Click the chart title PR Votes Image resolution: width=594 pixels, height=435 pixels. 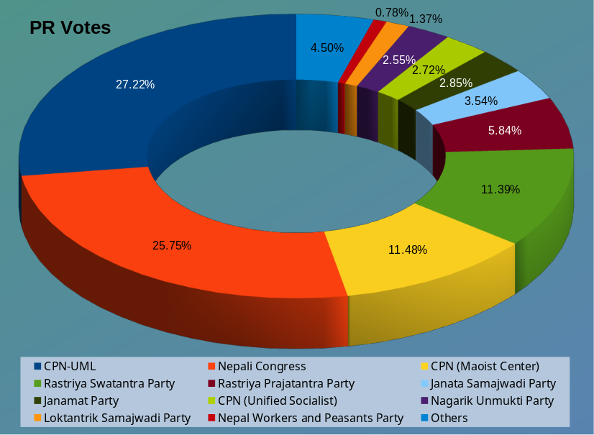pos(70,28)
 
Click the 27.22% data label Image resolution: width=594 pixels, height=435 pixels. pos(135,84)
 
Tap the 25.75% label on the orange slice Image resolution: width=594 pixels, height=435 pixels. pos(172,245)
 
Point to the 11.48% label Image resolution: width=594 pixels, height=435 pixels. pos(408,249)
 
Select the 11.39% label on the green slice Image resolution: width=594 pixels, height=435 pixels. pos(501,189)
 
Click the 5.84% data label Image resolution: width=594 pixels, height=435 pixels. pos(505,130)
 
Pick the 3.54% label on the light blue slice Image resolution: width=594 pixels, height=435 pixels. pos(481,101)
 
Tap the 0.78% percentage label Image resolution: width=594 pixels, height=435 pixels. pos(391,12)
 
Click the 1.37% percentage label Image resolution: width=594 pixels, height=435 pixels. pos(426,19)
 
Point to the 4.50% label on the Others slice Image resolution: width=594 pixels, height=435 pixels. pos(326,47)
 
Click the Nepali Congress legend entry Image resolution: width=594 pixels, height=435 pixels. pos(262,366)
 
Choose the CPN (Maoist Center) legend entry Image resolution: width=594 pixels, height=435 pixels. pos(485,366)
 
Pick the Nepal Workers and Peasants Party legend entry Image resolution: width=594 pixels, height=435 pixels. pos(311,418)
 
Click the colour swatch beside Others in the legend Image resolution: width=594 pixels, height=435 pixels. pos(425,418)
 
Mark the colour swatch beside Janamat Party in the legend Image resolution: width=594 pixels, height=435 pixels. pos(37,400)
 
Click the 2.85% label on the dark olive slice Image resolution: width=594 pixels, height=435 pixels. pos(456,83)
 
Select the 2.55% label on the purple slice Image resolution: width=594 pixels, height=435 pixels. pos(398,60)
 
